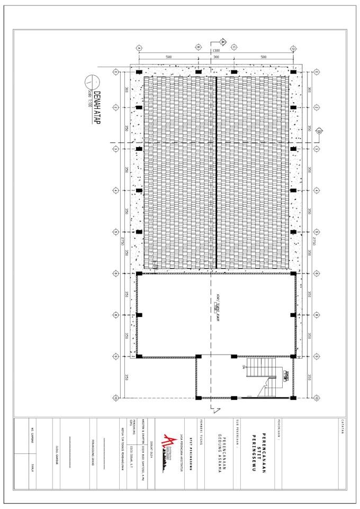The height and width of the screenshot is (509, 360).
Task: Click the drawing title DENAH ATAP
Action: coord(97,107)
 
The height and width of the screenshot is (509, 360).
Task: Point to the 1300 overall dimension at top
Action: coord(216,51)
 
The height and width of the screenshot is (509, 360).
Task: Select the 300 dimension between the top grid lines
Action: coord(216,57)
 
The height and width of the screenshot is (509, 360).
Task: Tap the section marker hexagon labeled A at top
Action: coord(222,41)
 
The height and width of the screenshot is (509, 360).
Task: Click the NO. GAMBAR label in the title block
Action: coord(33,434)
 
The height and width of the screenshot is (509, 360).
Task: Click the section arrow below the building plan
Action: coord(212,408)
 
